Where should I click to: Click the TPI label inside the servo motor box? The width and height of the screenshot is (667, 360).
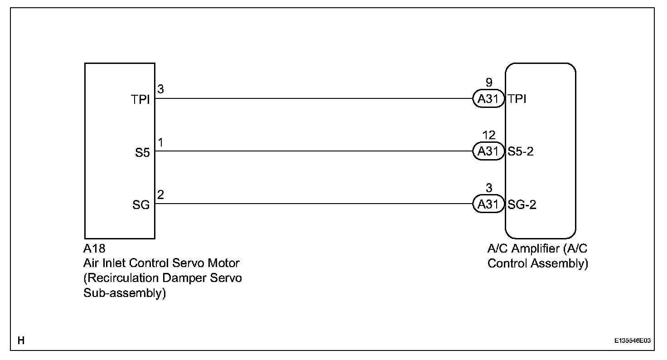[141, 100]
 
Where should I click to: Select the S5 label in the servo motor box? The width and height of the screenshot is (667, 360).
[142, 153]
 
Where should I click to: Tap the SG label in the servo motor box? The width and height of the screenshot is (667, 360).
[141, 205]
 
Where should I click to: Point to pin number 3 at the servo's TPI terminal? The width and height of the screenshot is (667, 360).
[161, 89]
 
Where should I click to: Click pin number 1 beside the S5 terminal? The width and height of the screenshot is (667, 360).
[161, 142]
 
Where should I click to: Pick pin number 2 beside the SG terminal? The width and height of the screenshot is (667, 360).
[161, 195]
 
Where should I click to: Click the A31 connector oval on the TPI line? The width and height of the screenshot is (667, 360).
[488, 99]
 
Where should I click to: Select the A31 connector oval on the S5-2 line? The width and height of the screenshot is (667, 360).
[488, 151]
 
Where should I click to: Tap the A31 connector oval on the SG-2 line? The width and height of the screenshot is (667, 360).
[488, 204]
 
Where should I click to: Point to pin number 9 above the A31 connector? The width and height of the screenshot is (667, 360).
[488, 83]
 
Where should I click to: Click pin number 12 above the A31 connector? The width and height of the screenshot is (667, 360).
[488, 136]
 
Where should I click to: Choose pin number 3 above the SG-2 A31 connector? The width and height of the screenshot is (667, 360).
[488, 189]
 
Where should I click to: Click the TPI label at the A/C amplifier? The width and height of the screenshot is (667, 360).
[517, 99]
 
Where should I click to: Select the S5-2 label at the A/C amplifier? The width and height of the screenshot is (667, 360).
[521, 151]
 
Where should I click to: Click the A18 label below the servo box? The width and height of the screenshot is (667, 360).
[94, 248]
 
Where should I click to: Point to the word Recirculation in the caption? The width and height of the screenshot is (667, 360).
[122, 278]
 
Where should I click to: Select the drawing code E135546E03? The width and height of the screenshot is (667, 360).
[633, 341]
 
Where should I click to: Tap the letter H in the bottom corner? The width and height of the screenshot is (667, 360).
[21, 340]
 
